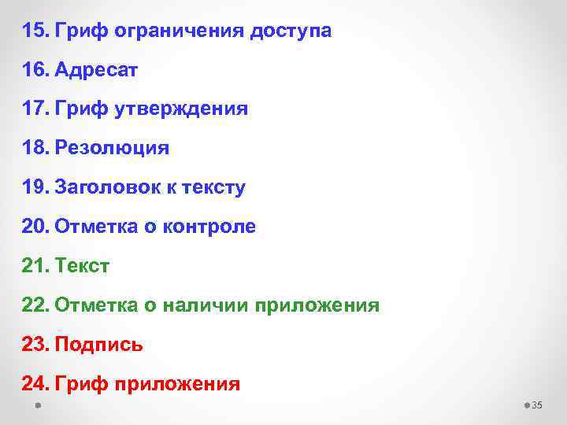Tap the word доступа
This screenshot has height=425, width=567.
tap(291, 32)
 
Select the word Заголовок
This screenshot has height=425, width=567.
tap(102, 188)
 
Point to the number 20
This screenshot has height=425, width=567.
tap(35, 227)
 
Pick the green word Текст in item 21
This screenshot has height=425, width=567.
tap(83, 266)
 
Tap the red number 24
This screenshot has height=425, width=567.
tap(35, 383)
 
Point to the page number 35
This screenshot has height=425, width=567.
tap(538, 405)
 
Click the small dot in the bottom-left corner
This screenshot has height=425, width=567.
tap(37, 405)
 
